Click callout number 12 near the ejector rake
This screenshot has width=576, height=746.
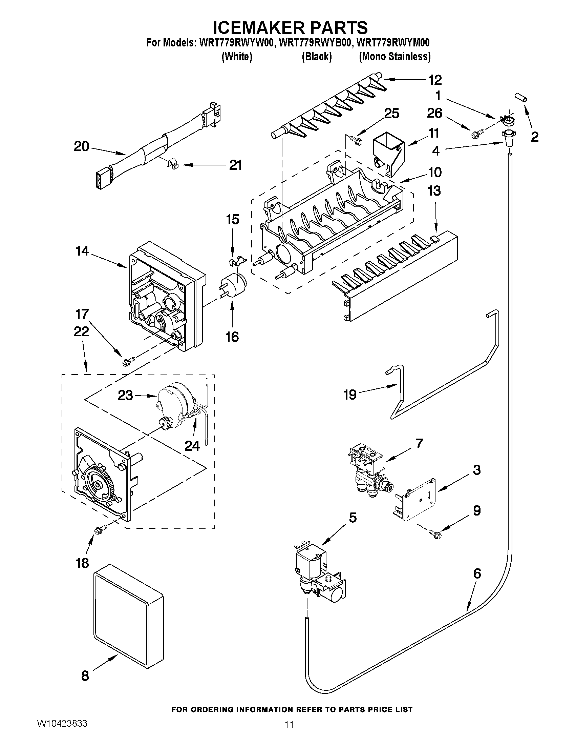coord(435,80)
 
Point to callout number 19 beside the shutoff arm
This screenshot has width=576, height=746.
coord(350,395)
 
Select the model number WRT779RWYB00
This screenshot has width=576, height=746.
coord(316,43)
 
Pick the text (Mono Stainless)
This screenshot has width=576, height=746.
coord(394,56)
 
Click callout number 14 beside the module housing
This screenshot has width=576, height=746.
coord(82,251)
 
